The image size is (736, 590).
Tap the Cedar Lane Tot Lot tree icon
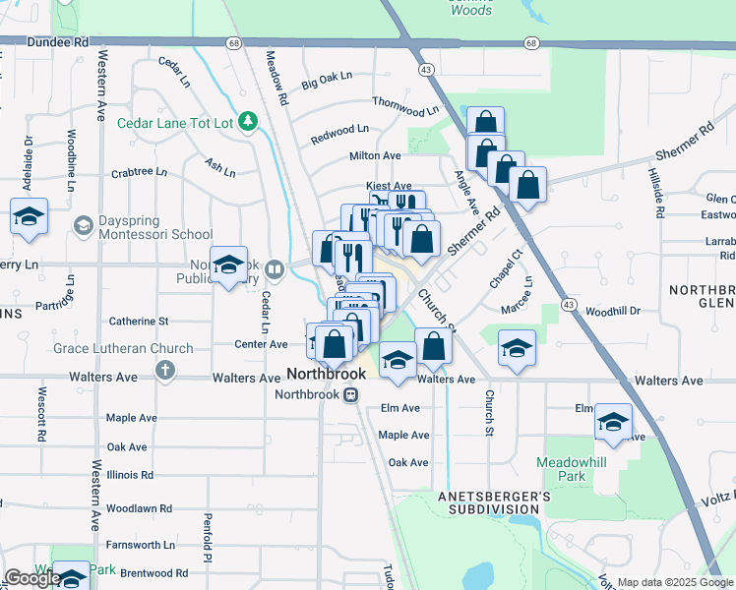250,122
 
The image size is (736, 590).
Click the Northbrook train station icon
349,394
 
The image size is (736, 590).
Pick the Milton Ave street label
375,155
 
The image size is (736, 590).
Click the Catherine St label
139,321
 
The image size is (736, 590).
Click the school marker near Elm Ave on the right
613,423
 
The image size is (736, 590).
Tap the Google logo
32,578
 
